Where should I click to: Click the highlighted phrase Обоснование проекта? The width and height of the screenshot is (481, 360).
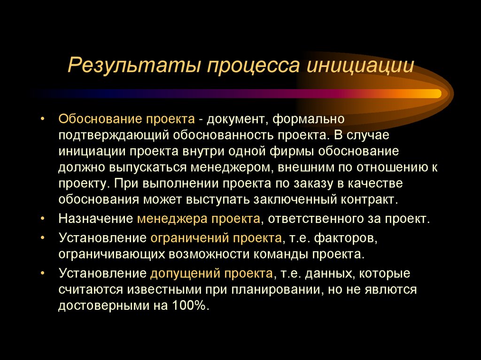tap(126, 118)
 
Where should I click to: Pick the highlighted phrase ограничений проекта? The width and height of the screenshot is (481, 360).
tap(216, 238)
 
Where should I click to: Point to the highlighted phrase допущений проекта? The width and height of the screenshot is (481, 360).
tap(211, 273)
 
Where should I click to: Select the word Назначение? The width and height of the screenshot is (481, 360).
tap(96, 219)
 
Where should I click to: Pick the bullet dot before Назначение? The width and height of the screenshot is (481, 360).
tap(43, 219)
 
